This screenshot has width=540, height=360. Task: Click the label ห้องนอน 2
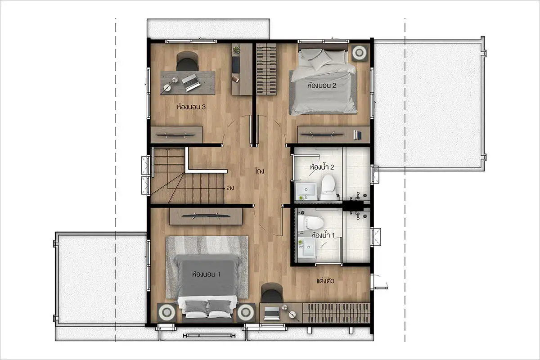(x=322, y=85)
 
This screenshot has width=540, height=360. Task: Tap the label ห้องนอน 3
(x=191, y=107)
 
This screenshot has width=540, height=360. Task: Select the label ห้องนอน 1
(x=206, y=274)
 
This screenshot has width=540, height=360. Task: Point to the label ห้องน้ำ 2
(x=322, y=167)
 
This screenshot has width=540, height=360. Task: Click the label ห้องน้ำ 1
(x=323, y=235)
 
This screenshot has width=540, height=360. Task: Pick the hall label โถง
(x=260, y=171)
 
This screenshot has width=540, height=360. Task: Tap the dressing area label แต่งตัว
(x=325, y=281)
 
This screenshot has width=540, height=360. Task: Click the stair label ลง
(x=230, y=188)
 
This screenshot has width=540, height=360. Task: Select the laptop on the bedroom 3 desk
(x=191, y=82)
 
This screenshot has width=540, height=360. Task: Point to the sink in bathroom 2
(x=306, y=191)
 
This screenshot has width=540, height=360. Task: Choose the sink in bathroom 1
(x=307, y=247)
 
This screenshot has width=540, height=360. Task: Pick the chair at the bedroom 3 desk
(x=187, y=61)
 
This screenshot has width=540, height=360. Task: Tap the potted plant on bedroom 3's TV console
(x=236, y=49)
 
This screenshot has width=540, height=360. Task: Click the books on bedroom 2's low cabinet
(x=357, y=135)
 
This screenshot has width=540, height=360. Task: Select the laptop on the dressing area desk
(x=272, y=313)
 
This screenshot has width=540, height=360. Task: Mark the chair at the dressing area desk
(x=272, y=293)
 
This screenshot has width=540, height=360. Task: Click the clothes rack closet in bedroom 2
(x=266, y=69)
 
